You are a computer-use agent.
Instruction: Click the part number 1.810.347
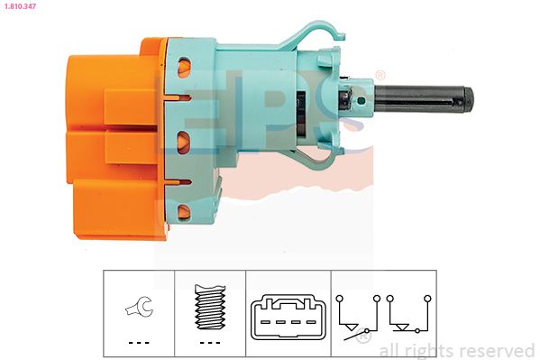click(20, 5)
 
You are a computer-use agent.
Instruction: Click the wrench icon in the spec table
click(139, 306)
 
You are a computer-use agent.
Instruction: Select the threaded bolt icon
click(210, 307)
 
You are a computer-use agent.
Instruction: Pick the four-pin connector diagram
click(288, 317)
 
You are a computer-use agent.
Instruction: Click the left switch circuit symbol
click(358, 318)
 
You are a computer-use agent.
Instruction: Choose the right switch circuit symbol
click(408, 314)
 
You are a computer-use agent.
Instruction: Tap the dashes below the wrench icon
click(139, 343)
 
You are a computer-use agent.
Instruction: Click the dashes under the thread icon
click(210, 343)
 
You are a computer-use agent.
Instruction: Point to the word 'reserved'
click(498, 351)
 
